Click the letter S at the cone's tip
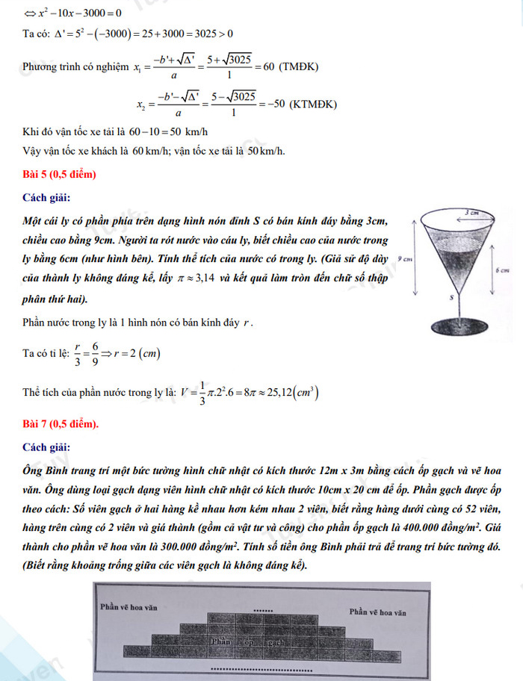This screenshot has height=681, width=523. [451, 296]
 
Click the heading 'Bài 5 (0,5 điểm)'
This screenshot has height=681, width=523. [60, 175]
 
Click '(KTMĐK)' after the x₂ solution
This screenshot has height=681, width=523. [313, 104]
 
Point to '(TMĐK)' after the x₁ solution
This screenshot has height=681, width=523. [298, 67]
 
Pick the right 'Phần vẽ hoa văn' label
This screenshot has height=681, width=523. [377, 612]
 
